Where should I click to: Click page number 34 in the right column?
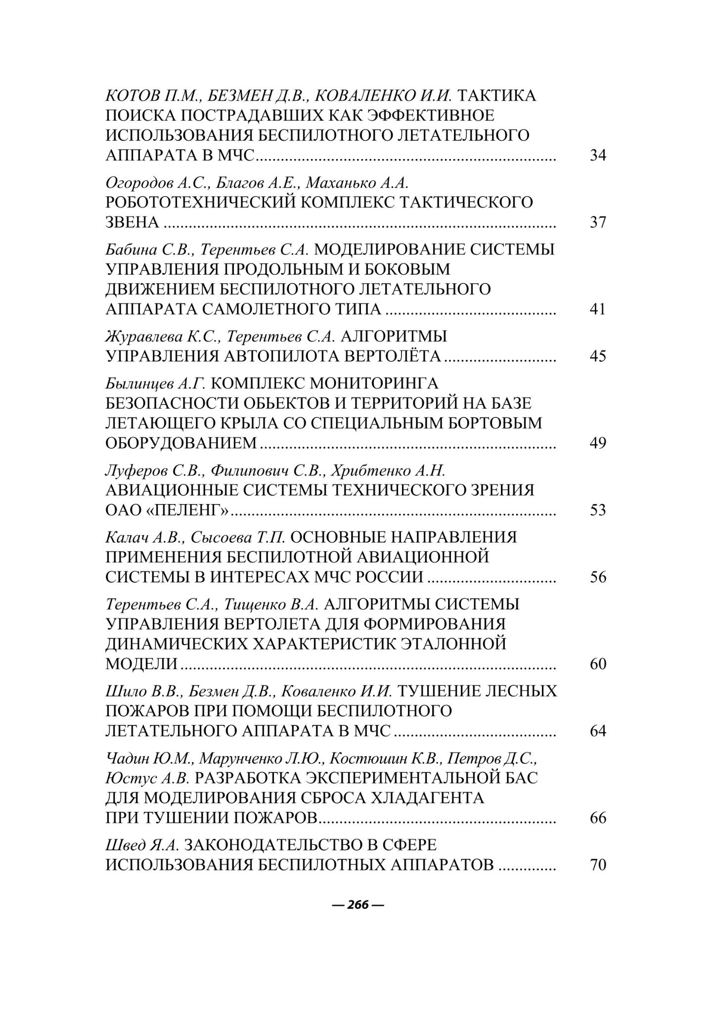click(598, 156)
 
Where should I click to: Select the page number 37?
click(598, 222)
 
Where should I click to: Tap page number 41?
click(598, 309)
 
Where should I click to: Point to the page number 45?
click(598, 356)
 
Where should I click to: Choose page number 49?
click(598, 443)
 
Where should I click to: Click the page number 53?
click(598, 510)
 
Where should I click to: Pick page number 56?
click(598, 577)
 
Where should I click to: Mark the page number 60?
click(598, 664)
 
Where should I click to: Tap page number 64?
click(598, 731)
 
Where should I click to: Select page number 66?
click(598, 818)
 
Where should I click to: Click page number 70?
click(598, 865)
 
